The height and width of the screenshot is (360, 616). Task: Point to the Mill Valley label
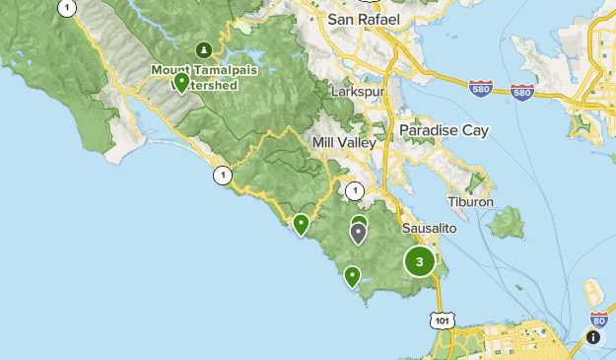coord(344,143)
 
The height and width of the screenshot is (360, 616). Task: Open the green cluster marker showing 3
coord(420,261)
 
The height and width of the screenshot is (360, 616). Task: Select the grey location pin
coord(358,233)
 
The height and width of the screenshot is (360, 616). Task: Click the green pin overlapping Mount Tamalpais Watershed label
coord(181,83)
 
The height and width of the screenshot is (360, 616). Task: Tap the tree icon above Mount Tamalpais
coord(204,49)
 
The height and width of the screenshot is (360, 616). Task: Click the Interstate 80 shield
coord(597,319)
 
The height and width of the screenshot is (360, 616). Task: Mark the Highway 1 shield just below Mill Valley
coord(355,191)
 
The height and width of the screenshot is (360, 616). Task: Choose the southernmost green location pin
coord(352,276)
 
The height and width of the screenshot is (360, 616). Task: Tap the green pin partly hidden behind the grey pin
coord(360,221)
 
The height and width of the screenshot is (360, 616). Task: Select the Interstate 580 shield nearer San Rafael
coord(480,89)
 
